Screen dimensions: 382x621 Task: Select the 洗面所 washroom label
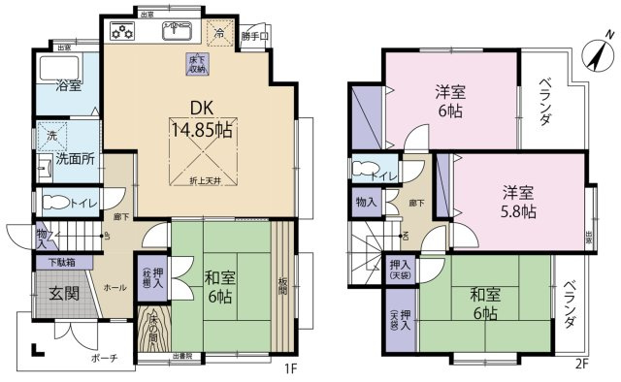74,160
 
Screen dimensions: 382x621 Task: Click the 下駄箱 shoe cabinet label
59,263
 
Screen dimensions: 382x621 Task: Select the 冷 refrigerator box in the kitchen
218,35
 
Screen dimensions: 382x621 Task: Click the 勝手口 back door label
255,39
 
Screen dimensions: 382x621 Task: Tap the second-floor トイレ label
382,175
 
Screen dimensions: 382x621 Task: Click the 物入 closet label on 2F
365,204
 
